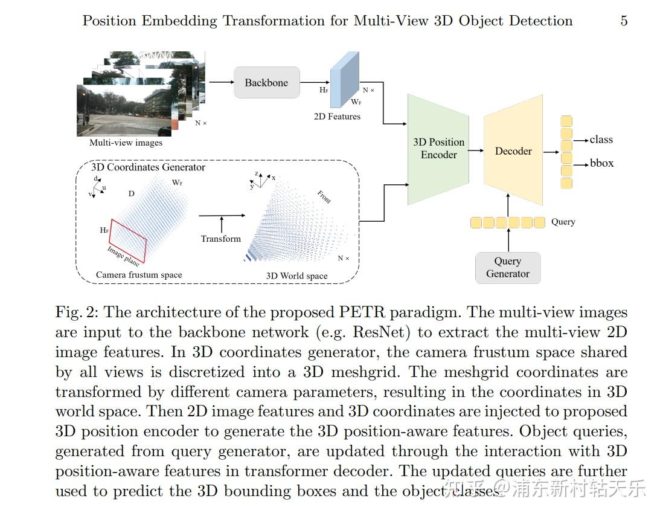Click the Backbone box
point(266,83)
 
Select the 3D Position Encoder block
point(438,148)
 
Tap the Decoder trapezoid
point(513,151)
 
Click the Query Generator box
point(507,267)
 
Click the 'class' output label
point(601,140)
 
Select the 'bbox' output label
point(601,164)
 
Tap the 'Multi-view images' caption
point(126,143)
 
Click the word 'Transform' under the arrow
point(221,239)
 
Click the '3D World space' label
point(297,276)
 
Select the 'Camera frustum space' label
point(139,275)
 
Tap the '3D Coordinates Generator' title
point(148,167)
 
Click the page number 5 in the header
point(624,21)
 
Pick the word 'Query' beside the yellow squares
point(563,222)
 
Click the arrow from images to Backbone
point(220,83)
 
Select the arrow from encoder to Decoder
point(476,150)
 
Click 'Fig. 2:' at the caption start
point(77,312)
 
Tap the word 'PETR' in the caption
point(363,312)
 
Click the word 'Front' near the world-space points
point(324,197)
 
